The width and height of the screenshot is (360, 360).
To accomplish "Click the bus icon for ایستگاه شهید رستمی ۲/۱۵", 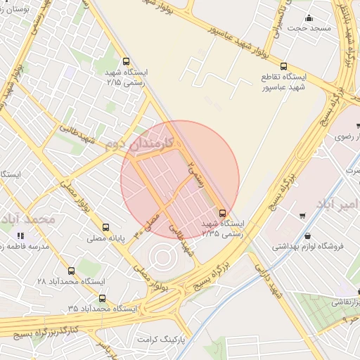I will pos(126,62).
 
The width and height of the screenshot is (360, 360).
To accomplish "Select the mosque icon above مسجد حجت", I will pos(307,18).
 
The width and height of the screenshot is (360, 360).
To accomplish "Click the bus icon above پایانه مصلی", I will pos(105,227).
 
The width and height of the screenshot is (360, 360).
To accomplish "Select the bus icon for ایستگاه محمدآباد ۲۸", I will pos(70,270).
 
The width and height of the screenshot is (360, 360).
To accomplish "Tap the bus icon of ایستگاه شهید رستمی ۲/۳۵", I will pos(223,212).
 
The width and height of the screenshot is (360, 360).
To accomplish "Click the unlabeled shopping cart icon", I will pos(302,216).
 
